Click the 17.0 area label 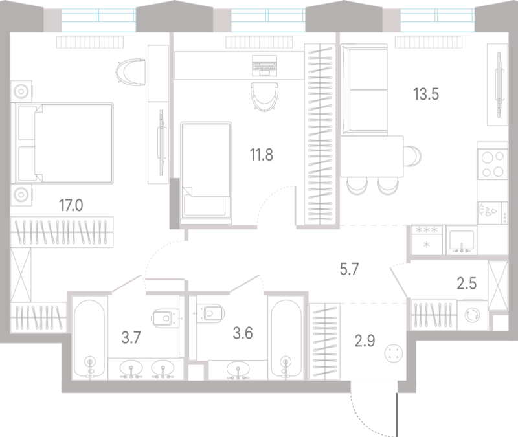coord(71,205)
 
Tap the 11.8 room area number coord(262,155)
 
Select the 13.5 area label coord(426,94)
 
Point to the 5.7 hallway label coord(349,269)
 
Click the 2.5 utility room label coord(466,284)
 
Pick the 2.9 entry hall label coord(365,341)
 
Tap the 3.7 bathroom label coord(131,337)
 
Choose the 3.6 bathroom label coord(243,333)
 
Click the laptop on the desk coord(264,66)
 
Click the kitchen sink coord(462,240)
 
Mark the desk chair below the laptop coord(264,96)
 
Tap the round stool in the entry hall coord(394,353)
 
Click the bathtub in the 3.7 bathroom coord(89,339)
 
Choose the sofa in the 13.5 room coord(364,90)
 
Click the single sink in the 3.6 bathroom coord(238,369)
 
